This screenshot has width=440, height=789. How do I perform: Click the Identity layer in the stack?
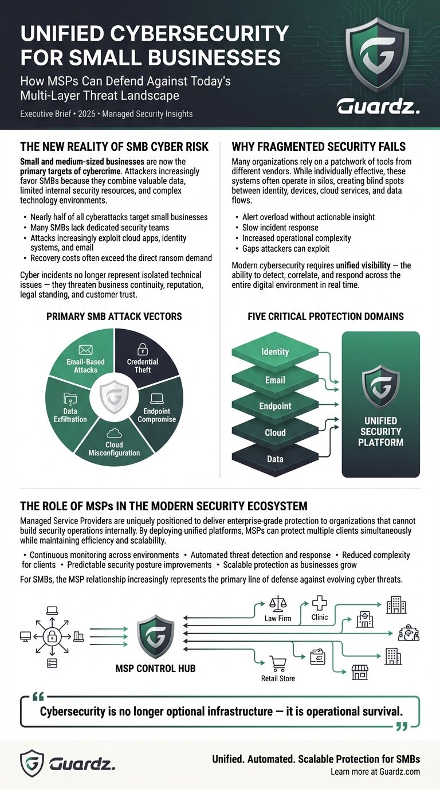[275, 351]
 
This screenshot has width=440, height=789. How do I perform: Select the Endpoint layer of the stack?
[275, 406]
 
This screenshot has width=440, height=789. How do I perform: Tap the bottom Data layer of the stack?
[275, 459]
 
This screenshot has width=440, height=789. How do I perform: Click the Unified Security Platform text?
[380, 431]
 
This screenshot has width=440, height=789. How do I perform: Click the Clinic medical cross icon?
[319, 603]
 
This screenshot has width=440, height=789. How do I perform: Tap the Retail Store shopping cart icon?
[278, 663]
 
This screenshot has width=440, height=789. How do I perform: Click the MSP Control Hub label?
[156, 669]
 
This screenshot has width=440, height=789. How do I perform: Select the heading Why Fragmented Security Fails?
[319, 146]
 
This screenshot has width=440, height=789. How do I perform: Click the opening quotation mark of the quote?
[39, 698]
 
